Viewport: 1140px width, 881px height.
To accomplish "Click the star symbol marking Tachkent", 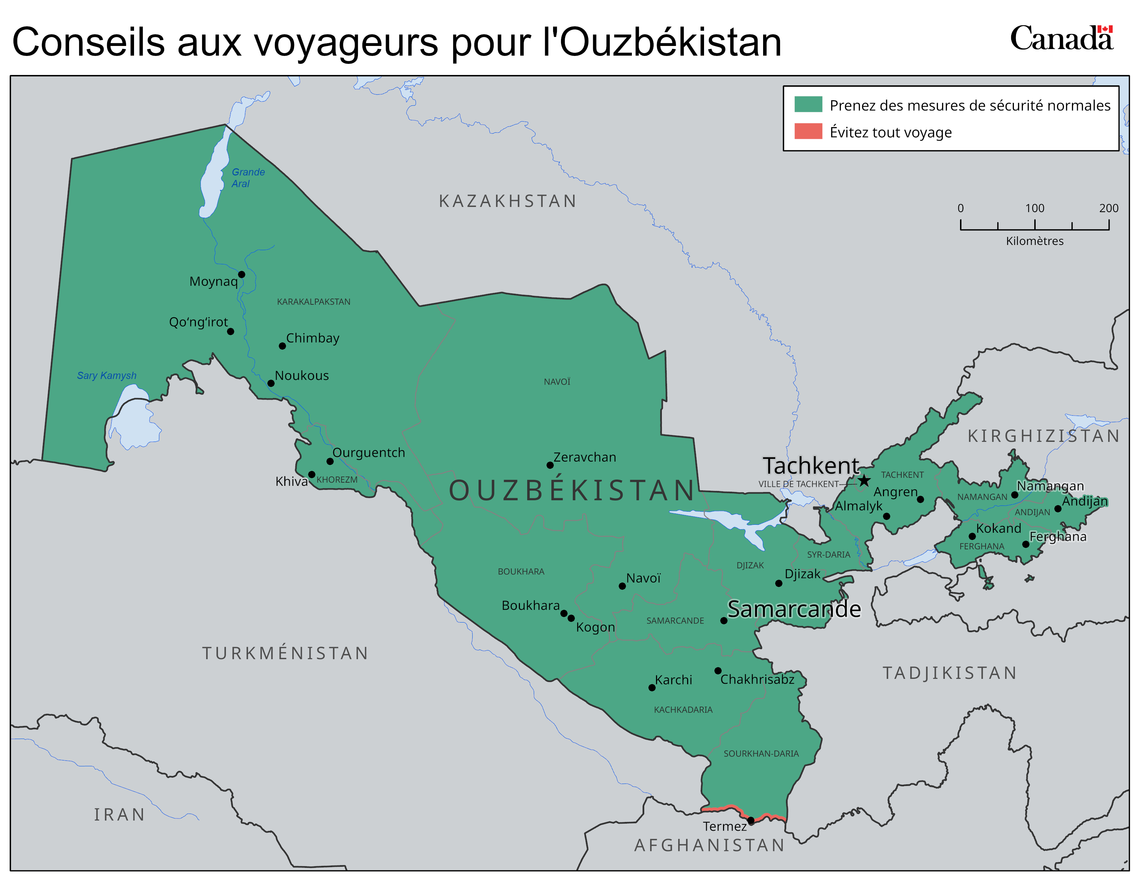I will point(864,480).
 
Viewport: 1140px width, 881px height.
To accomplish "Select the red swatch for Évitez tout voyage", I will point(808,132).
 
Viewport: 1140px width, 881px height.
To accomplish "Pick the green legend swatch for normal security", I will point(808,104).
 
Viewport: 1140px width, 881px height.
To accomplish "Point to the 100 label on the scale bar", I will point(1035,208).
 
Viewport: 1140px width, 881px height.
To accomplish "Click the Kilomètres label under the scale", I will point(1035,241).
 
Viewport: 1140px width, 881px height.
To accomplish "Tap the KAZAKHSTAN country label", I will point(507,201).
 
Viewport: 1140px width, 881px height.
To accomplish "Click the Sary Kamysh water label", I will point(106,376).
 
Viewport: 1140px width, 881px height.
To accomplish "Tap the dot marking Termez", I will point(751,821).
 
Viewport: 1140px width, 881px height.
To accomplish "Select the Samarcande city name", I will point(794,609).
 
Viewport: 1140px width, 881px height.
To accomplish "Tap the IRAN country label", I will point(120,815).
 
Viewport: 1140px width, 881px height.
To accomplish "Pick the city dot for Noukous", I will point(271,383).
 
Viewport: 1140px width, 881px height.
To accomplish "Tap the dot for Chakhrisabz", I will point(718,671).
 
